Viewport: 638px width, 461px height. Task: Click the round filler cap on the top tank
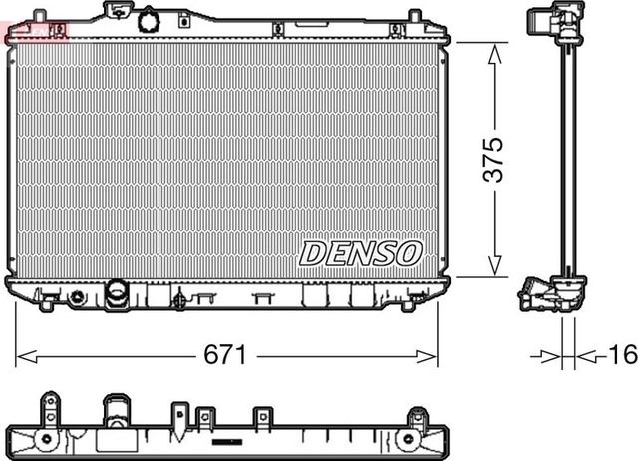pos(150,20)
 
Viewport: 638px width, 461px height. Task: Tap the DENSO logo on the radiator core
pos(361,252)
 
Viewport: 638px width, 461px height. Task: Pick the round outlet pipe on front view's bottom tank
pos(117,293)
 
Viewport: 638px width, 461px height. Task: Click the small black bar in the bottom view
pos(228,439)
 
